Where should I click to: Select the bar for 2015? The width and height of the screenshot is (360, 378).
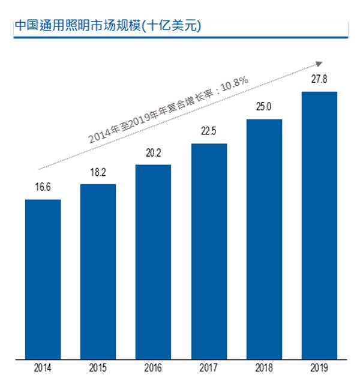point(98,270)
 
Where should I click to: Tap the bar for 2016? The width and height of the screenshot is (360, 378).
point(153,260)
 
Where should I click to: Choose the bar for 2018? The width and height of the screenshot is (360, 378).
point(264,238)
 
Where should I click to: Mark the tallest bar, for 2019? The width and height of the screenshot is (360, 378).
point(319,224)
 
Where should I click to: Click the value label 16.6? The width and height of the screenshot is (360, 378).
point(43,187)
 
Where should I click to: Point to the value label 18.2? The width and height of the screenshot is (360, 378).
point(98,172)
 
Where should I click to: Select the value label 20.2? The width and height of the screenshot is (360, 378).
point(154,153)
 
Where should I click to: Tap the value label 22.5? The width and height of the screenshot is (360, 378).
point(209,132)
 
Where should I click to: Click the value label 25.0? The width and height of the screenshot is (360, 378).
point(264,107)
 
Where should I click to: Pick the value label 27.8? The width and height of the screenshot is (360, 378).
point(319,79)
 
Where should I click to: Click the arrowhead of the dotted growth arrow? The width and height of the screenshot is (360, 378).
point(320,62)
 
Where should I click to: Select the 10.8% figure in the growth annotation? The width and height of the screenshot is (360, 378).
point(233,86)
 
